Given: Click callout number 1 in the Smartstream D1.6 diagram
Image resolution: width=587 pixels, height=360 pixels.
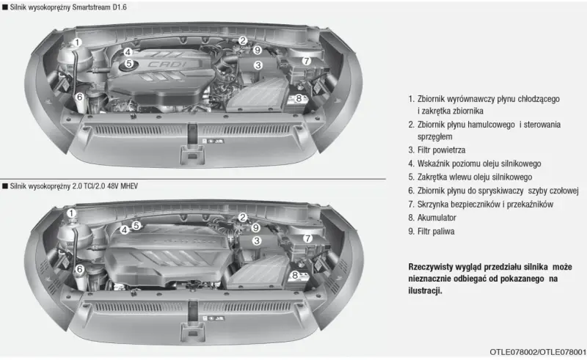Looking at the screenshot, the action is [77, 43].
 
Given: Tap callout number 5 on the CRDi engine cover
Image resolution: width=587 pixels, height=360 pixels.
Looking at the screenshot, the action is [129, 63].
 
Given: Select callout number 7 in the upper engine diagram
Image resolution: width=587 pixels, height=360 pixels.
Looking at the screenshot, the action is [307, 61].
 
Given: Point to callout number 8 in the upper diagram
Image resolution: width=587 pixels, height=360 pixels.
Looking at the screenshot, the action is [299, 98].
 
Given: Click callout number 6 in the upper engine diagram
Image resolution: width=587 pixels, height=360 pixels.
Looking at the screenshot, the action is [79, 98].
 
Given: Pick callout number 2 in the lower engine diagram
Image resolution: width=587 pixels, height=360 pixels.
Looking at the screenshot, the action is [243, 218].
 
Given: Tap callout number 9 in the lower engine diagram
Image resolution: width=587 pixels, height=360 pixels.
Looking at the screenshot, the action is [255, 227].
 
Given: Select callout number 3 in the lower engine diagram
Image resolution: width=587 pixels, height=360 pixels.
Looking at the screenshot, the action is [256, 240].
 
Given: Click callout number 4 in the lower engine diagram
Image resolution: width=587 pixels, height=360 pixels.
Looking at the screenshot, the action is [125, 229].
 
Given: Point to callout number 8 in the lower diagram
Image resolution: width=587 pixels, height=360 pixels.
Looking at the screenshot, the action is [295, 276].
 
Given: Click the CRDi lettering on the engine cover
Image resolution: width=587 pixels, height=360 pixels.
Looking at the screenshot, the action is [167, 65].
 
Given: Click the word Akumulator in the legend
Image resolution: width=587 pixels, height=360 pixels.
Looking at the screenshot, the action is [437, 218].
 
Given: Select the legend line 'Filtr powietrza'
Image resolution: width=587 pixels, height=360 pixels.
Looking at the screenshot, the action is [437, 150].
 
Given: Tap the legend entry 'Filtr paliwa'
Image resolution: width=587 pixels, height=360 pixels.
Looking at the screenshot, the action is [431, 231].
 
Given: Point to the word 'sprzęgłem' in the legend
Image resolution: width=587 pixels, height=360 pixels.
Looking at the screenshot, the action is [434, 137].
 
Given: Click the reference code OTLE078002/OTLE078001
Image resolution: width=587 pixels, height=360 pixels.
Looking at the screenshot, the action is [538, 352].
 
